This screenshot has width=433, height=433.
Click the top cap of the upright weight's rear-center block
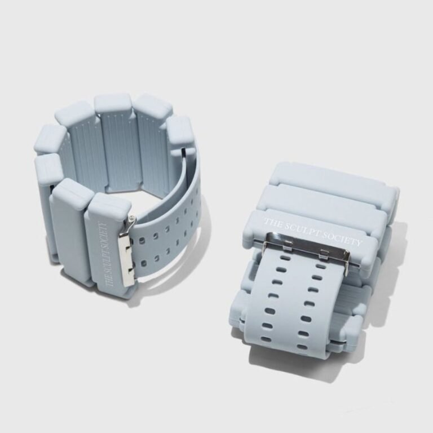click(x=113, y=103)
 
